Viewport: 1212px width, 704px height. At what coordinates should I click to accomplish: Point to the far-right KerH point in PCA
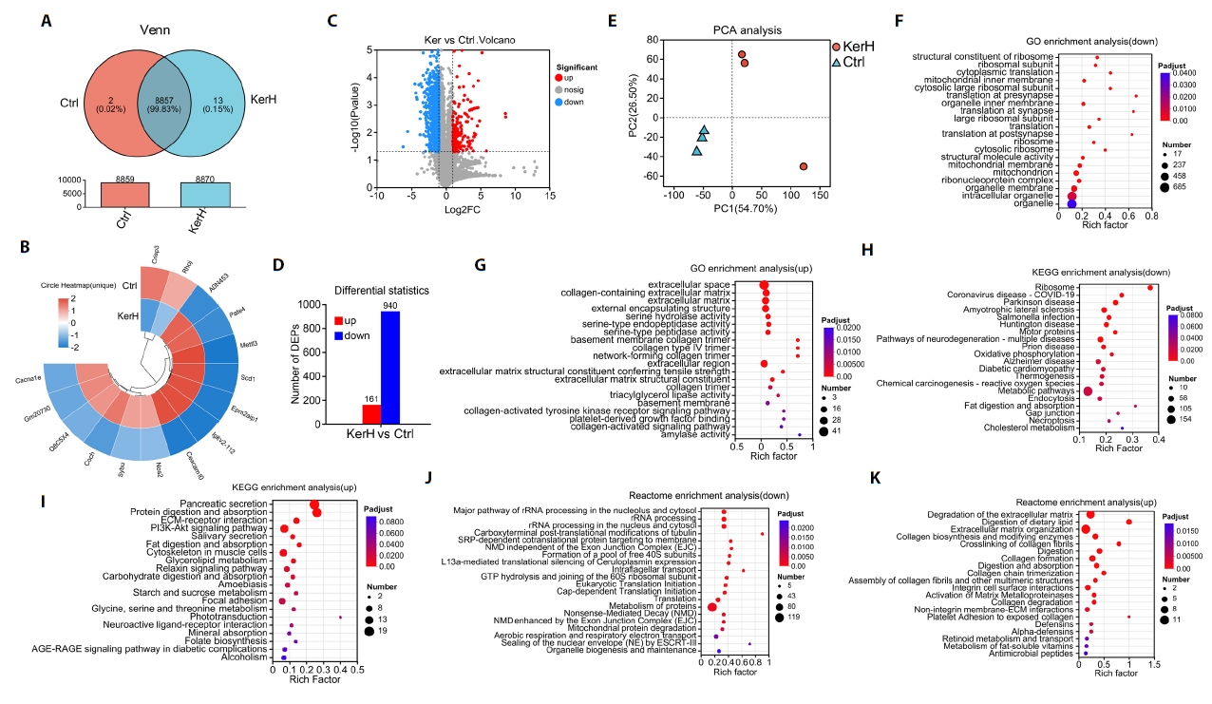[804, 166]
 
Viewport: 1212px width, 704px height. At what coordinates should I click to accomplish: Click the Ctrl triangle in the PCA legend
[836, 61]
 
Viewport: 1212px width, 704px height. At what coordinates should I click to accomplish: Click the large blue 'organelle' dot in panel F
[1071, 203]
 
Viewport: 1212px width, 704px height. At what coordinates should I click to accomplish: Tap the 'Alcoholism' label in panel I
[244, 656]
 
